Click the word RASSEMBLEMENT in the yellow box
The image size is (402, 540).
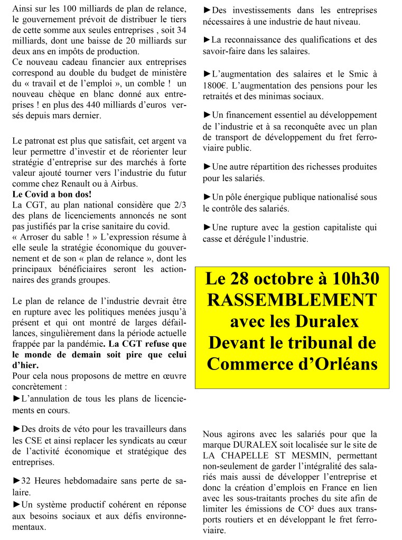click(x=292, y=300)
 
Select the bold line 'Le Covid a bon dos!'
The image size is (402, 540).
click(x=48, y=194)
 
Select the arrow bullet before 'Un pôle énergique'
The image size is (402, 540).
click(x=207, y=197)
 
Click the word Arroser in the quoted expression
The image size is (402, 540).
click(x=36, y=236)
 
